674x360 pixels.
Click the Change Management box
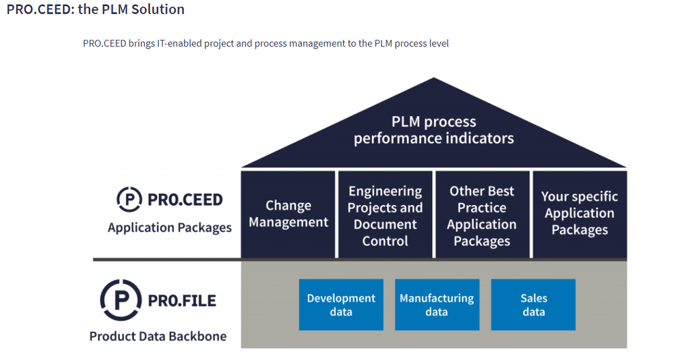coord(288,214)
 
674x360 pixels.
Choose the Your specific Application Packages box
coord(580,213)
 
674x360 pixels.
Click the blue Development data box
coord(341,305)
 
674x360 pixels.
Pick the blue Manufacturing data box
coord(437,305)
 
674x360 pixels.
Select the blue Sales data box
coord(533,305)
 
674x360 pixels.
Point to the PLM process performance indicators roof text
coord(433,130)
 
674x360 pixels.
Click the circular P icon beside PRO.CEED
coord(129,200)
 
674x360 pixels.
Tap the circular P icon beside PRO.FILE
coord(120,300)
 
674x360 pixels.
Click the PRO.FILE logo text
coord(182,301)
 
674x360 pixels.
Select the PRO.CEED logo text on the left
coord(184,200)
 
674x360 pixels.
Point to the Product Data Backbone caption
coord(158,336)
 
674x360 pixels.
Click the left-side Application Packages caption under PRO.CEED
coord(169,228)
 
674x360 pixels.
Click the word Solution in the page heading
coord(159,9)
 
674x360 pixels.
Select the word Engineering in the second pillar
coord(385,191)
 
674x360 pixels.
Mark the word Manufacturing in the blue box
coord(437,298)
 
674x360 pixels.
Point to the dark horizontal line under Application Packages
coord(166,260)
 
